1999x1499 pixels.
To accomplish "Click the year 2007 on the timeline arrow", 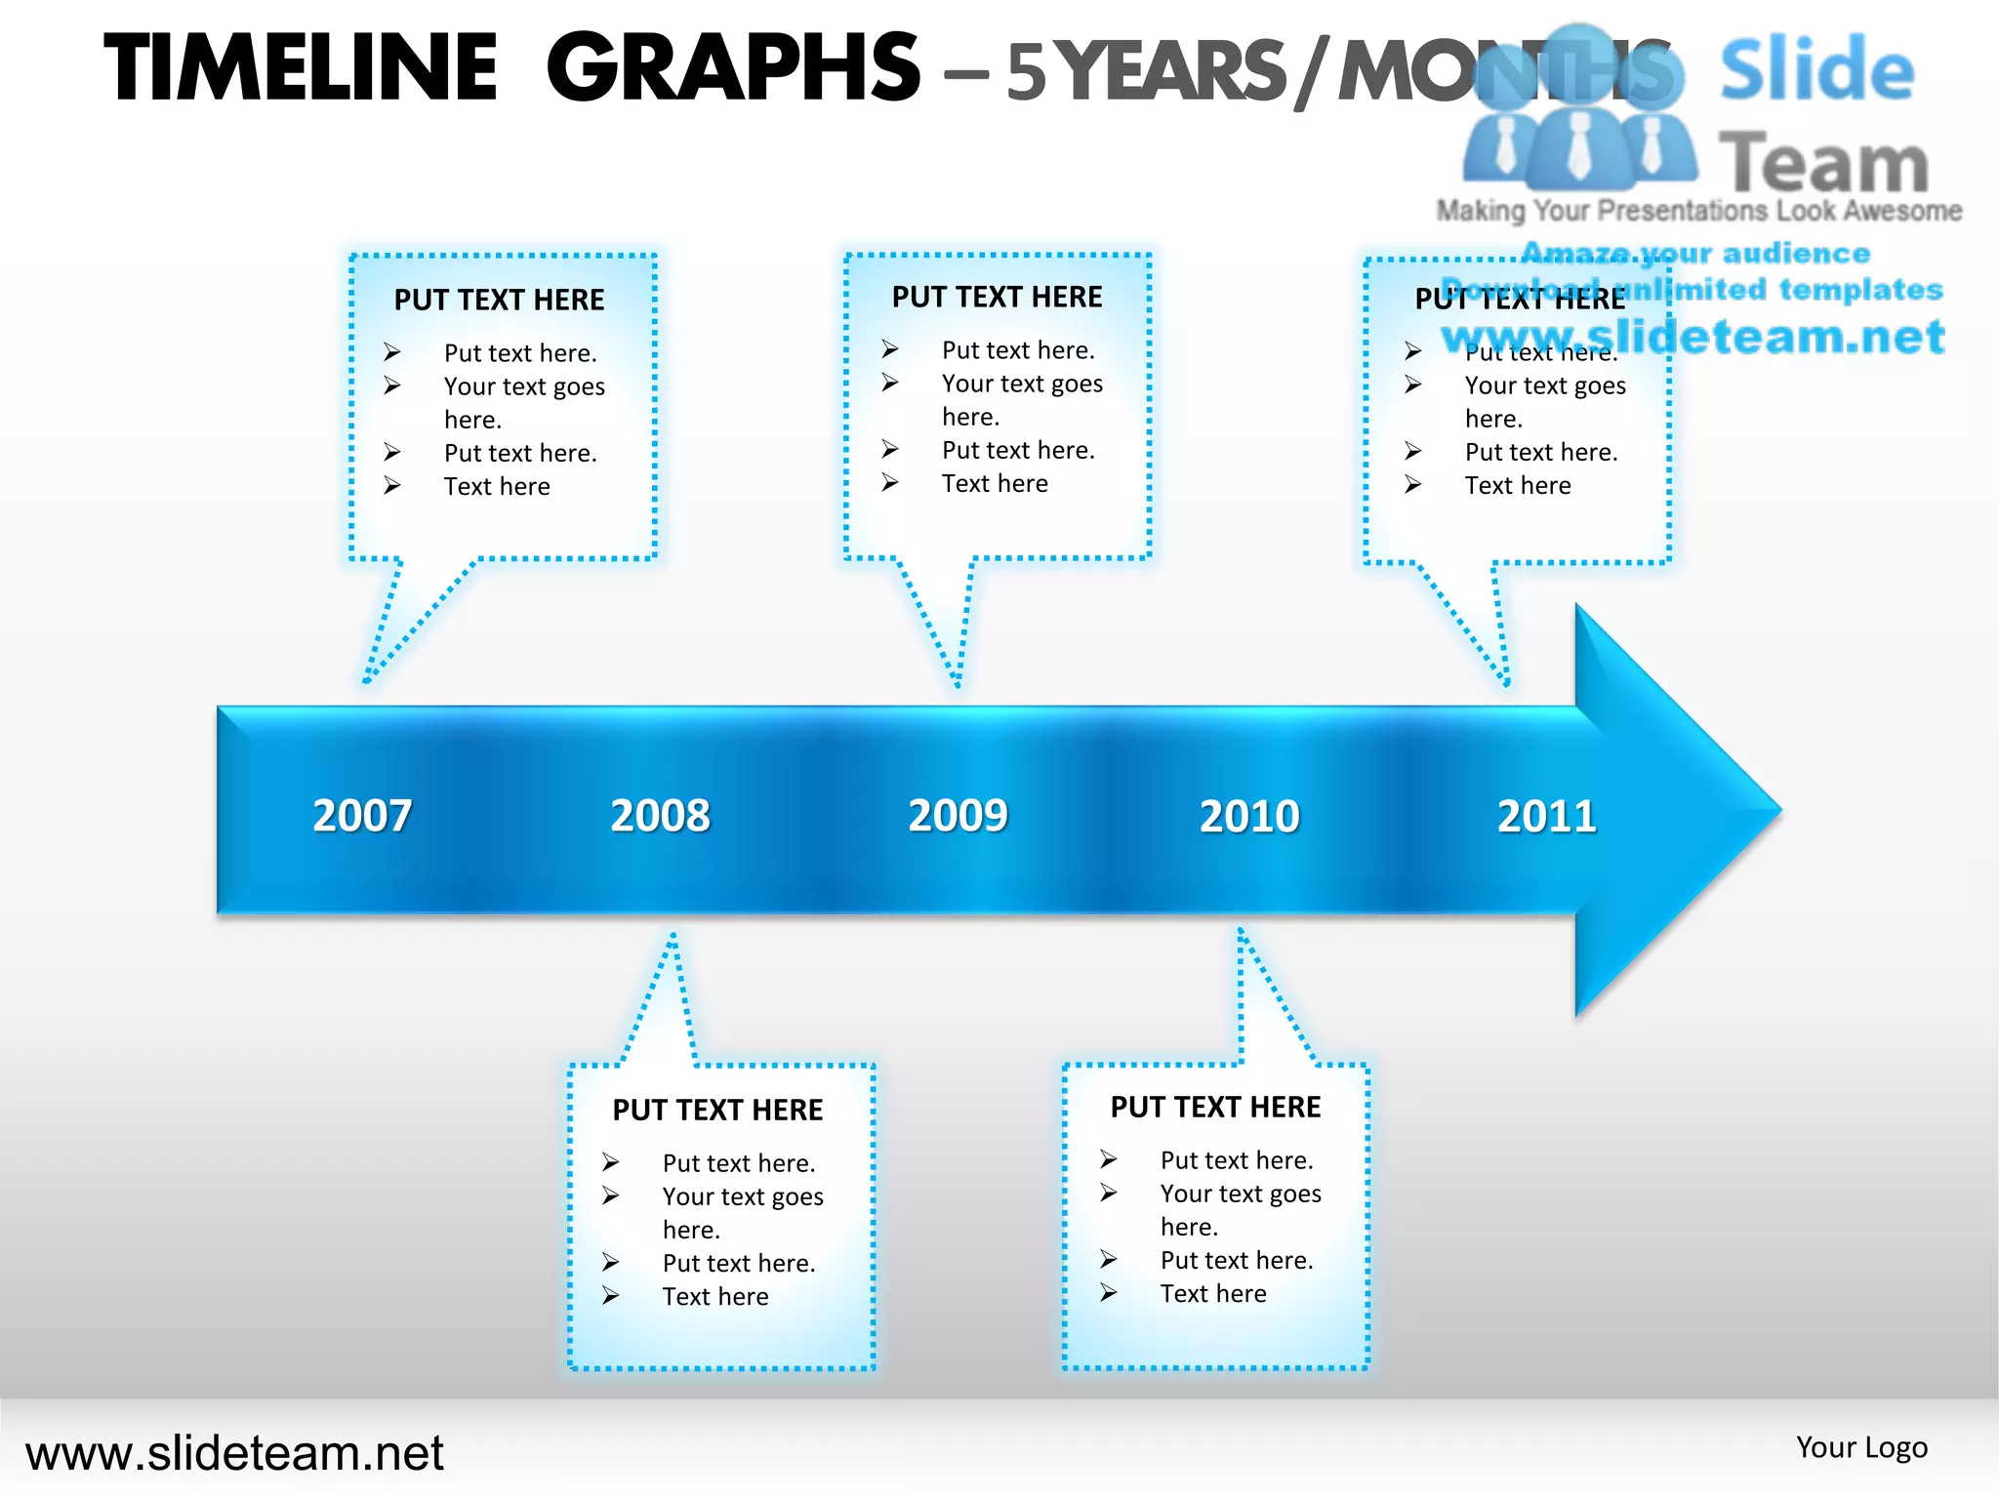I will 362,815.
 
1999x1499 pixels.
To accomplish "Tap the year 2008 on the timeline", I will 661,815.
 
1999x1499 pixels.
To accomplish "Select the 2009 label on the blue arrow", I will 958,815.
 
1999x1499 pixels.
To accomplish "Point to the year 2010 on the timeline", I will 1249,816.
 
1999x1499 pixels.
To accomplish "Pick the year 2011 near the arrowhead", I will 1547,816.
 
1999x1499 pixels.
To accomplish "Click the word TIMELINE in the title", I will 302,67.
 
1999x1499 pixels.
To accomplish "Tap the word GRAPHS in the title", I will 733,67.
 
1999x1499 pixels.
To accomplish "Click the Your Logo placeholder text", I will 1861,1446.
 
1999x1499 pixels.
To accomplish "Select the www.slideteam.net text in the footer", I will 234,1452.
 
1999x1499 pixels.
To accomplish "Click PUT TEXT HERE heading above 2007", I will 499,300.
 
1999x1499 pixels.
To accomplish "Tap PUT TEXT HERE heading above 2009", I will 997,297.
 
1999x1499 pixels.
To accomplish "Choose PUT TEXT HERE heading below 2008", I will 717,1110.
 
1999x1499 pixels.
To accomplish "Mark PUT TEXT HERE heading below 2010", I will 1215,1107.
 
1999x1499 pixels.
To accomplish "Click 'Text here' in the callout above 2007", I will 497,486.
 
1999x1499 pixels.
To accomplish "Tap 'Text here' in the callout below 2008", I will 715,1296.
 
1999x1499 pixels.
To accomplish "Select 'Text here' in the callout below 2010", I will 1213,1293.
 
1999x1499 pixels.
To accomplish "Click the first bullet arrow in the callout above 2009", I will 889,348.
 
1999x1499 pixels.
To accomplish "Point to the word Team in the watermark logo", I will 1823,163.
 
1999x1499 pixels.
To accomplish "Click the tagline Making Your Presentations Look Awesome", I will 1698,211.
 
